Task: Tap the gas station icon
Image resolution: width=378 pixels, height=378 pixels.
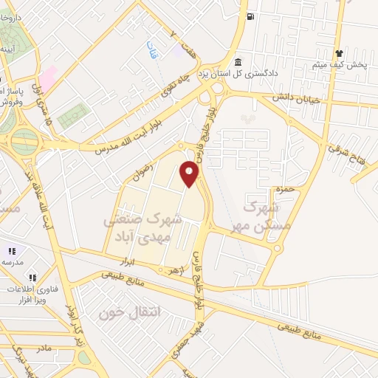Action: click(252, 16)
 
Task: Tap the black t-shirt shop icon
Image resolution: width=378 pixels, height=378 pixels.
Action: click(339, 53)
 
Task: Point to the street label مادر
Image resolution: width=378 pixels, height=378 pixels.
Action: click(45, 348)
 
